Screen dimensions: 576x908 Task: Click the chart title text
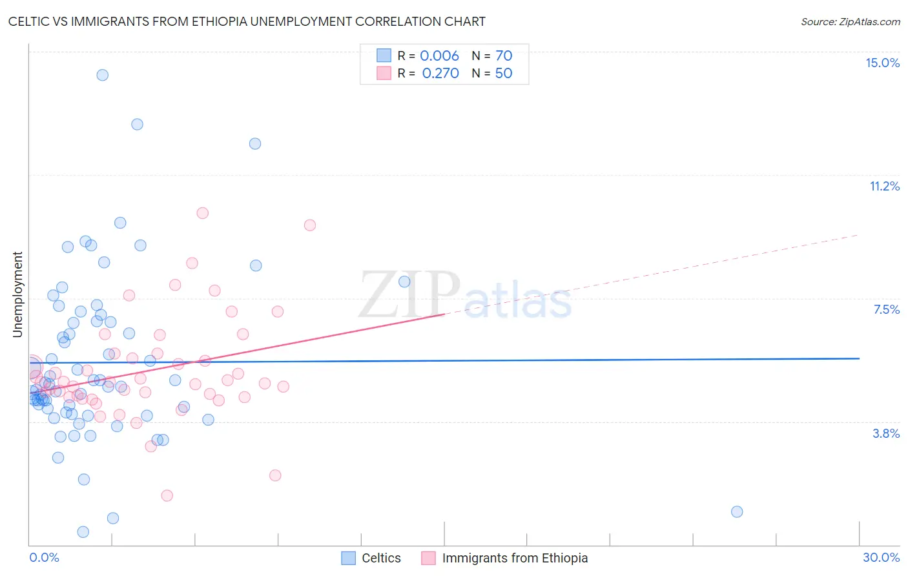coord(247,21)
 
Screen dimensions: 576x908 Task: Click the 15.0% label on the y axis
coord(882,63)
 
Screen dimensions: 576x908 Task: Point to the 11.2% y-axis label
coord(884,186)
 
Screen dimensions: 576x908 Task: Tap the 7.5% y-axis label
coord(886,309)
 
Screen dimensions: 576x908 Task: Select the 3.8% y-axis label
coord(886,433)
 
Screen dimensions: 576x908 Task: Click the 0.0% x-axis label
coord(44,557)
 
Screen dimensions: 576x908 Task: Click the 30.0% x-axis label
coord(881,557)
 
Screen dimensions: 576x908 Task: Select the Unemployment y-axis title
coord(17,294)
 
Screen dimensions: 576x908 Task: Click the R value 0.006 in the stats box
coord(439,56)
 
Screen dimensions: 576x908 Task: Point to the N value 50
coord(504,73)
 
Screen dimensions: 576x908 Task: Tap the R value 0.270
coord(440,73)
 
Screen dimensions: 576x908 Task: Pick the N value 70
coord(504,56)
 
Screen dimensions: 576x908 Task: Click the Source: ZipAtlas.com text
coord(850,22)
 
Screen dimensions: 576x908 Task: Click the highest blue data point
coord(102,75)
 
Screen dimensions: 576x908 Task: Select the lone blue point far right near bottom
coord(737,511)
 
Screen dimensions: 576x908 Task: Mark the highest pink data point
coord(202,213)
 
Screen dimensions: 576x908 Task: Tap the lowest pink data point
coord(167,495)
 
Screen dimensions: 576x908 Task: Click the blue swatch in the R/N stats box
coord(384,56)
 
